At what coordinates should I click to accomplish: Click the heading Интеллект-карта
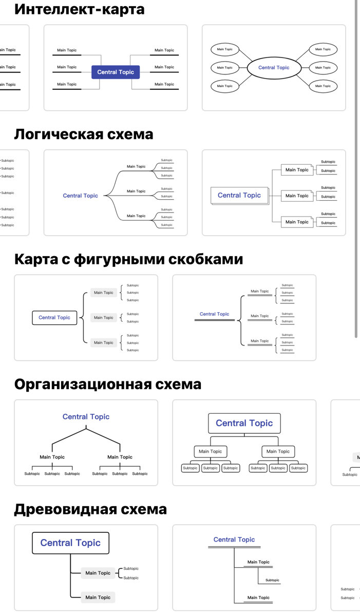79,9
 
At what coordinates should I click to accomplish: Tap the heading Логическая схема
83,134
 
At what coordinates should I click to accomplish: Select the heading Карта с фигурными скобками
128,259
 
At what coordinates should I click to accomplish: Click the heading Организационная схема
107,384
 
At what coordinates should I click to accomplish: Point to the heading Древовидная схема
90,509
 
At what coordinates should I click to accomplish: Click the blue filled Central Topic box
116,72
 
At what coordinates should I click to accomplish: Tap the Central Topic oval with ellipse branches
274,68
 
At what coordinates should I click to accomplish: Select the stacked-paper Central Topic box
239,196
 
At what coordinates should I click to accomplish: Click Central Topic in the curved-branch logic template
80,196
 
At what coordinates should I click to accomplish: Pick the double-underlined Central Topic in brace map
214,315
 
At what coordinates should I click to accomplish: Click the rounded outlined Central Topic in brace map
54,318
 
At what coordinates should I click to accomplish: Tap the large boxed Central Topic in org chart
244,423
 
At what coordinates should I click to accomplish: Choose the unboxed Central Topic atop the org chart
86,417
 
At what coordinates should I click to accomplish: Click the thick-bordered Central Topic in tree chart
70,543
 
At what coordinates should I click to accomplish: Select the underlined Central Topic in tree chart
234,540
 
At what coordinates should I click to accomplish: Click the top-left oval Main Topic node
224,50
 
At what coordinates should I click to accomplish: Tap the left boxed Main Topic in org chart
211,452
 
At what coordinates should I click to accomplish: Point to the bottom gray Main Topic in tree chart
98,598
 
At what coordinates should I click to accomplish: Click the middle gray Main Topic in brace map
104,318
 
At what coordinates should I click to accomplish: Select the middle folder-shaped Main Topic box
297,196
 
